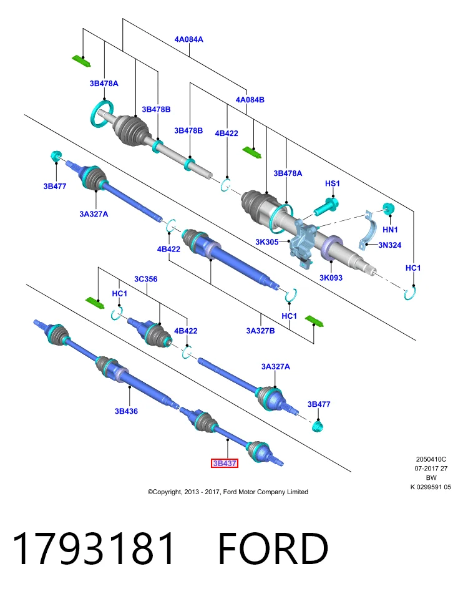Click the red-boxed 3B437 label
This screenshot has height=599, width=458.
(225, 463)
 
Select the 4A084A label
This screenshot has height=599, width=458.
(188, 39)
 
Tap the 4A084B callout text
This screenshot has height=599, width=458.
(250, 100)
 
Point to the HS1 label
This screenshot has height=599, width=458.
(333, 183)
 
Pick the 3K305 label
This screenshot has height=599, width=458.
(266, 242)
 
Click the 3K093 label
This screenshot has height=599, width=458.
(331, 278)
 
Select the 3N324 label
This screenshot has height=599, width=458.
(389, 245)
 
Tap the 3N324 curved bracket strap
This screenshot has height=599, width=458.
(368, 230)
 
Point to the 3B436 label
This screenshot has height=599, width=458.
(126, 411)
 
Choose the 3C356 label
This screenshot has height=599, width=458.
(145, 279)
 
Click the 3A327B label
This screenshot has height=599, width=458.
(260, 331)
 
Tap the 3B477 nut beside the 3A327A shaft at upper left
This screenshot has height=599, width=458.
(56, 156)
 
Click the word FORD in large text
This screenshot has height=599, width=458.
(273, 548)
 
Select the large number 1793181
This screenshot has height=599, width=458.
(94, 548)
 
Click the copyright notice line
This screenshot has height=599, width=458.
(228, 492)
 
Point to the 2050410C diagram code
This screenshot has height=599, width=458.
(431, 459)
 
